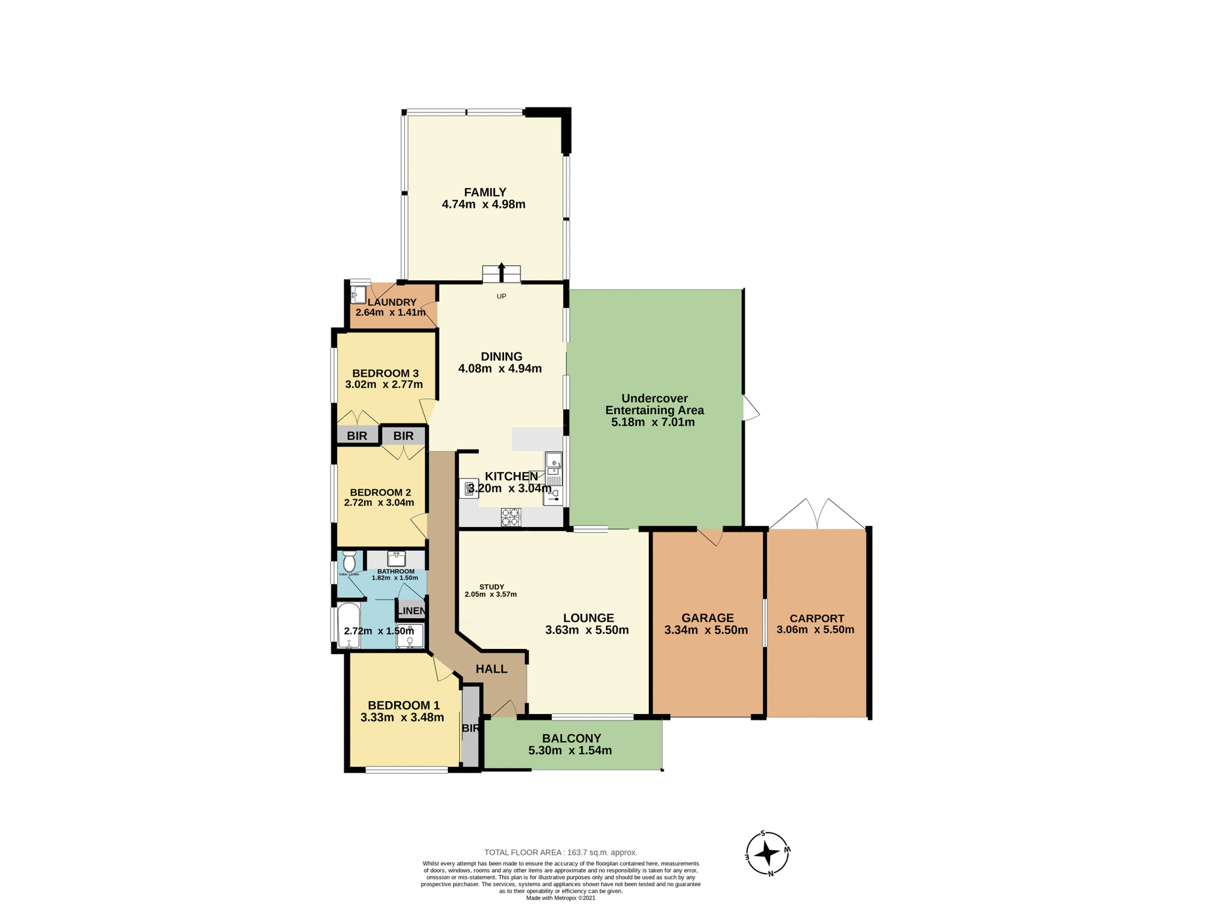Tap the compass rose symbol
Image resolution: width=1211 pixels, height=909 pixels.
pos(767,853)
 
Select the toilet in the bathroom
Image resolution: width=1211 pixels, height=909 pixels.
pos(349,561)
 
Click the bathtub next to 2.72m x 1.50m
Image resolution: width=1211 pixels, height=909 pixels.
pos(348,626)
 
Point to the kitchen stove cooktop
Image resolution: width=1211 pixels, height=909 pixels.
pos(510,517)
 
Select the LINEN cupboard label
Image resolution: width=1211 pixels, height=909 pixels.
pos(411,610)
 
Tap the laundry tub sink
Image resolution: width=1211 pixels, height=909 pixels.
pos(358,295)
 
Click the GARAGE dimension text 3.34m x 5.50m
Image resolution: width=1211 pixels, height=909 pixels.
pos(706,630)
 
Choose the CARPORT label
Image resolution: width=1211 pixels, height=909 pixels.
pos(816,619)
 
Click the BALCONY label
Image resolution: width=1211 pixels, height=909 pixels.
pos(571,739)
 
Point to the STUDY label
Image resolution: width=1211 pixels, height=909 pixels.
pos(491,587)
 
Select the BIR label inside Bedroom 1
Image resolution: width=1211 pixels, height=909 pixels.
pos(471,728)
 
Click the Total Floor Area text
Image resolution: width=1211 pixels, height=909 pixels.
pos(560,852)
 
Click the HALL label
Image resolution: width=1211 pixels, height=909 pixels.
pos(491,669)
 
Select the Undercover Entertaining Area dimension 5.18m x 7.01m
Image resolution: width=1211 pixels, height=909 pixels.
pos(653,422)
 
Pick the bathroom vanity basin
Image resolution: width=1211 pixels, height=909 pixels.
pos(396,559)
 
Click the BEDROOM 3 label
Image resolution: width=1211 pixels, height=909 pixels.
pos(385,373)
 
